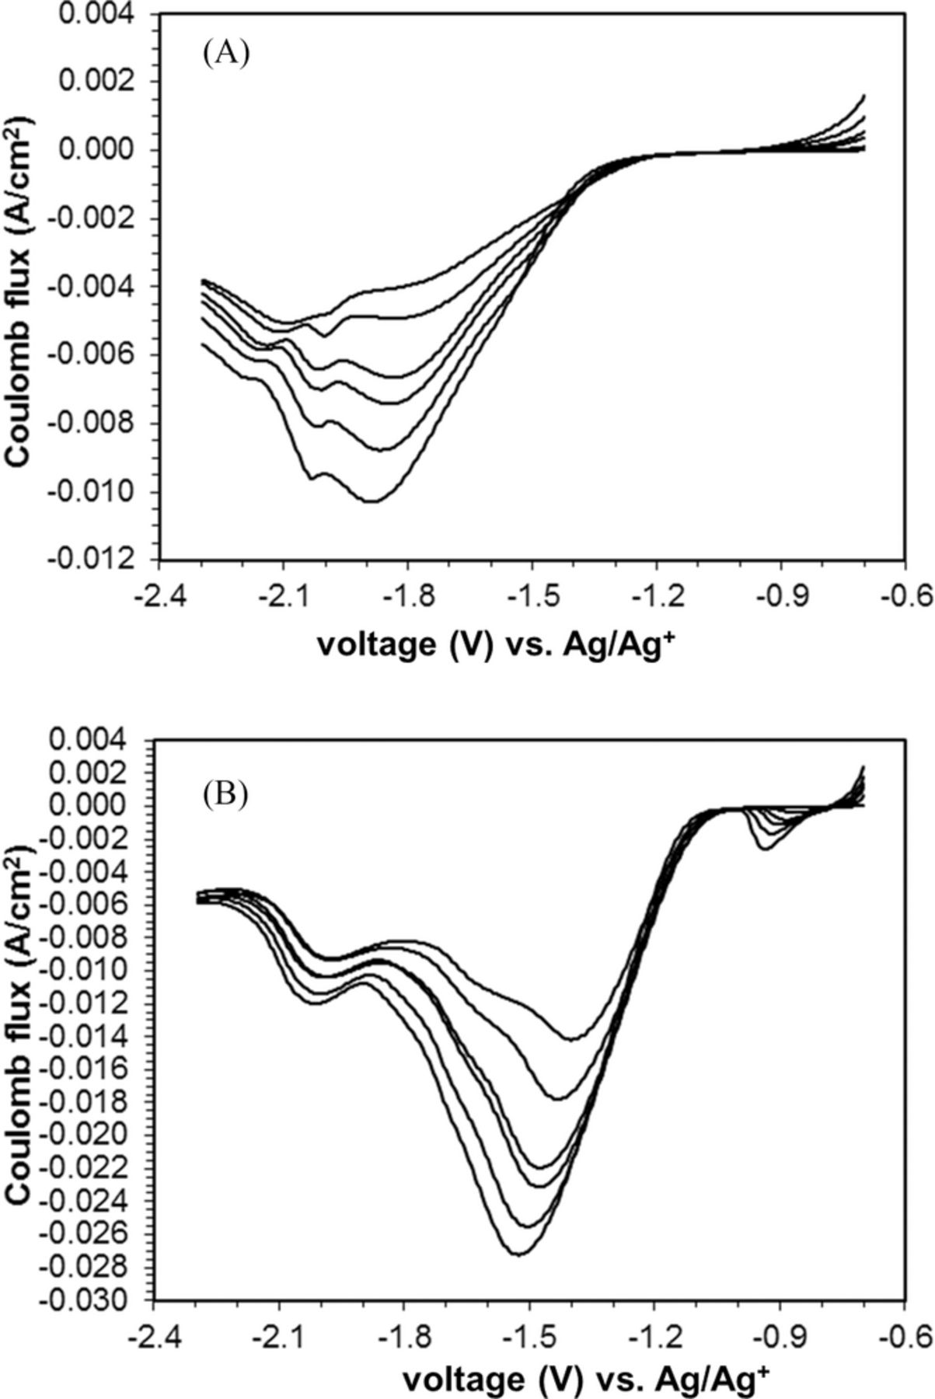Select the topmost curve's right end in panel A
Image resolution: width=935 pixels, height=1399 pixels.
[x=863, y=96]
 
